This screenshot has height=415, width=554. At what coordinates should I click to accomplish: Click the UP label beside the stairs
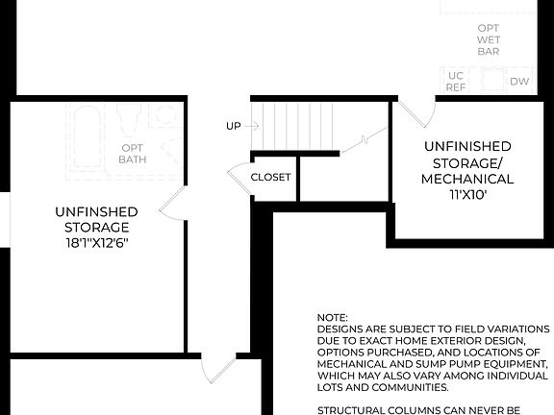coord(234,126)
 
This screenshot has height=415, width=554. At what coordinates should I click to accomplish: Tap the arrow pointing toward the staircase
coord(253,126)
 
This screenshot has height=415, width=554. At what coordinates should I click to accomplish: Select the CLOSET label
coord(270,178)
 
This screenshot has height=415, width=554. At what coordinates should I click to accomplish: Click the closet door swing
coord(238,179)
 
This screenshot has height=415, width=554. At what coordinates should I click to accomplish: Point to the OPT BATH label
coord(133,154)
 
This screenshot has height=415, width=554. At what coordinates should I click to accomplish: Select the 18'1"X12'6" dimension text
coord(92,243)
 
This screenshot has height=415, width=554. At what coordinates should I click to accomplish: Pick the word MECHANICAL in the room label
coord(467,179)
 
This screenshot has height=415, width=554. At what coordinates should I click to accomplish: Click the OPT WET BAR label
coord(489,38)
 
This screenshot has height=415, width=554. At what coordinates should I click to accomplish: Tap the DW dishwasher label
coord(518,83)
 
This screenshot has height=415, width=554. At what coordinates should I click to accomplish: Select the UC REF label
coord(456,82)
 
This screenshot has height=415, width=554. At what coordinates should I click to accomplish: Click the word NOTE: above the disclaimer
coord(332,317)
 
